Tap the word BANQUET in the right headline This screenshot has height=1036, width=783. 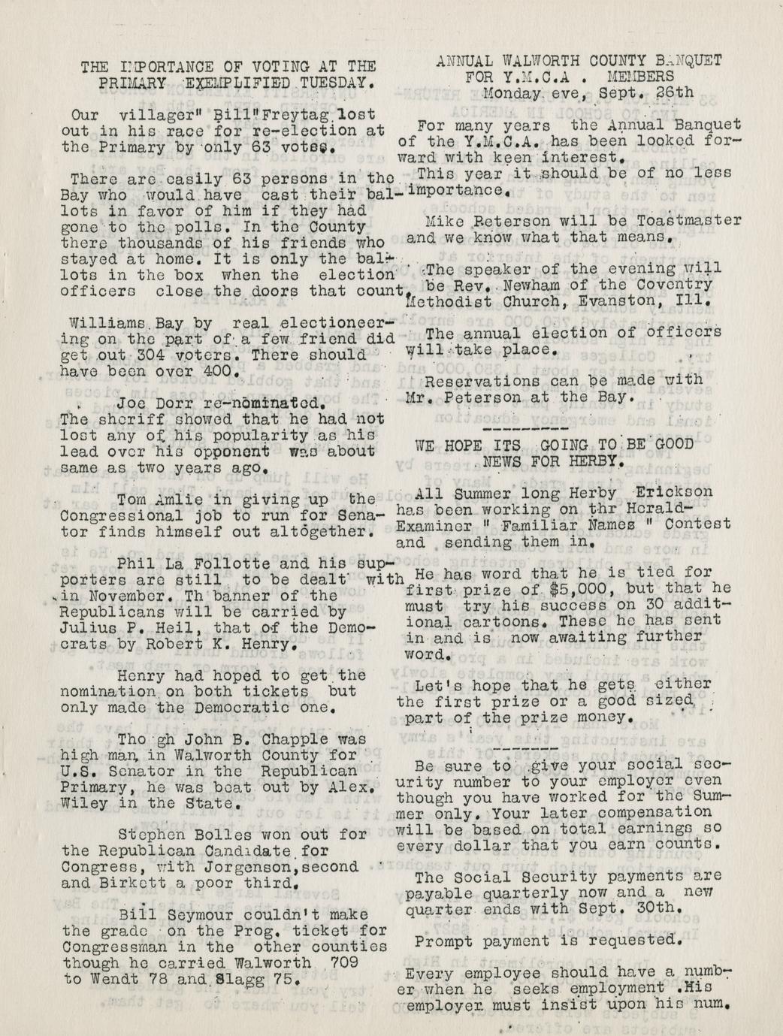[687, 61]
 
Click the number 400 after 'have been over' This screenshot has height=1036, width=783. [222, 371]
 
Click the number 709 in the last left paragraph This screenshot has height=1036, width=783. [336, 963]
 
